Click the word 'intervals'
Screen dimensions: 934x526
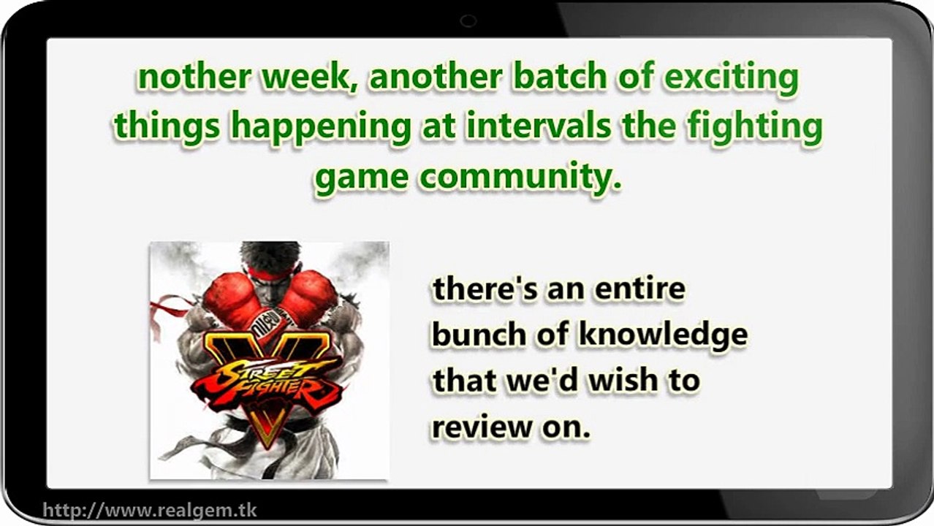pos(539,126)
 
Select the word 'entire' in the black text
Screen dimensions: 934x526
pos(640,289)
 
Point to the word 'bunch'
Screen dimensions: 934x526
pos(479,335)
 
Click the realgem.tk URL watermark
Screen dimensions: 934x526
pos(150,511)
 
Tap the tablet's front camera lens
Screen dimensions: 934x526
pos(468,20)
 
